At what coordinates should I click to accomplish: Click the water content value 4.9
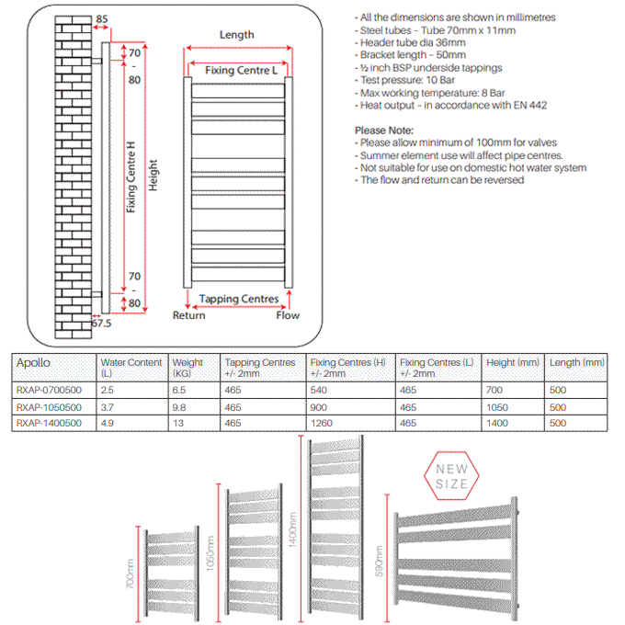coord(108,423)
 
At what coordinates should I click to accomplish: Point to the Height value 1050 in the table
coord(499,405)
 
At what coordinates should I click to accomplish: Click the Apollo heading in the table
coord(33,363)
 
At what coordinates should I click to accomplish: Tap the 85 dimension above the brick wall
coord(101,18)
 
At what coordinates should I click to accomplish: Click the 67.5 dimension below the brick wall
coord(101,324)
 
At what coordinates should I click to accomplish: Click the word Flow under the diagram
coord(288,315)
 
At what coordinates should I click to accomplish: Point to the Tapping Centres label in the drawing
coord(239,299)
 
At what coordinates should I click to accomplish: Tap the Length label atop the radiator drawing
coord(237,35)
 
